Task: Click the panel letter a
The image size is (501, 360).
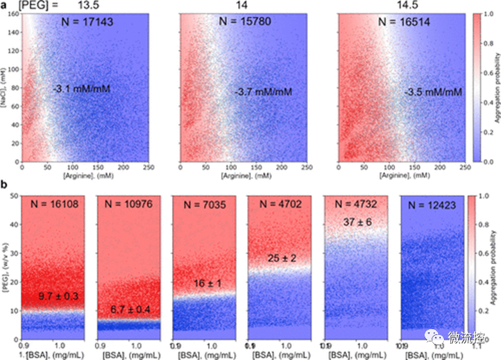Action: (x=4, y=6)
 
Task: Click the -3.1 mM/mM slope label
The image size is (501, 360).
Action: (x=81, y=89)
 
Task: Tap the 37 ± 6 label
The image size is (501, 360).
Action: (x=355, y=221)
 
